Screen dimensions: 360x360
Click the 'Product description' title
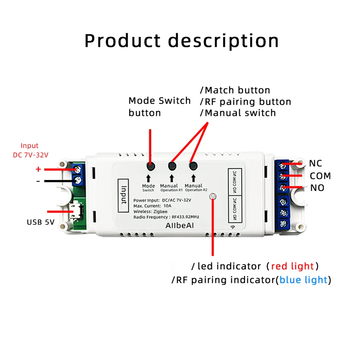point(182,41)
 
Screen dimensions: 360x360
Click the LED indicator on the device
point(213,196)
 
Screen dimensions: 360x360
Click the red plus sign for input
point(38,169)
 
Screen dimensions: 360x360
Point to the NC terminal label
point(315,163)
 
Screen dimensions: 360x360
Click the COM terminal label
point(320,176)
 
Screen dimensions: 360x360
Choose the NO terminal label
point(317,188)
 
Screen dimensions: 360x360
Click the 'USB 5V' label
point(41,222)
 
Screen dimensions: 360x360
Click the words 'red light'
point(292,266)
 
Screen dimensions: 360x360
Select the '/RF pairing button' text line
point(246,102)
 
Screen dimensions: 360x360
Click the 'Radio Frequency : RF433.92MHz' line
point(166,217)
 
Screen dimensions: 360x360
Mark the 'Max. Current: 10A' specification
point(152,205)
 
